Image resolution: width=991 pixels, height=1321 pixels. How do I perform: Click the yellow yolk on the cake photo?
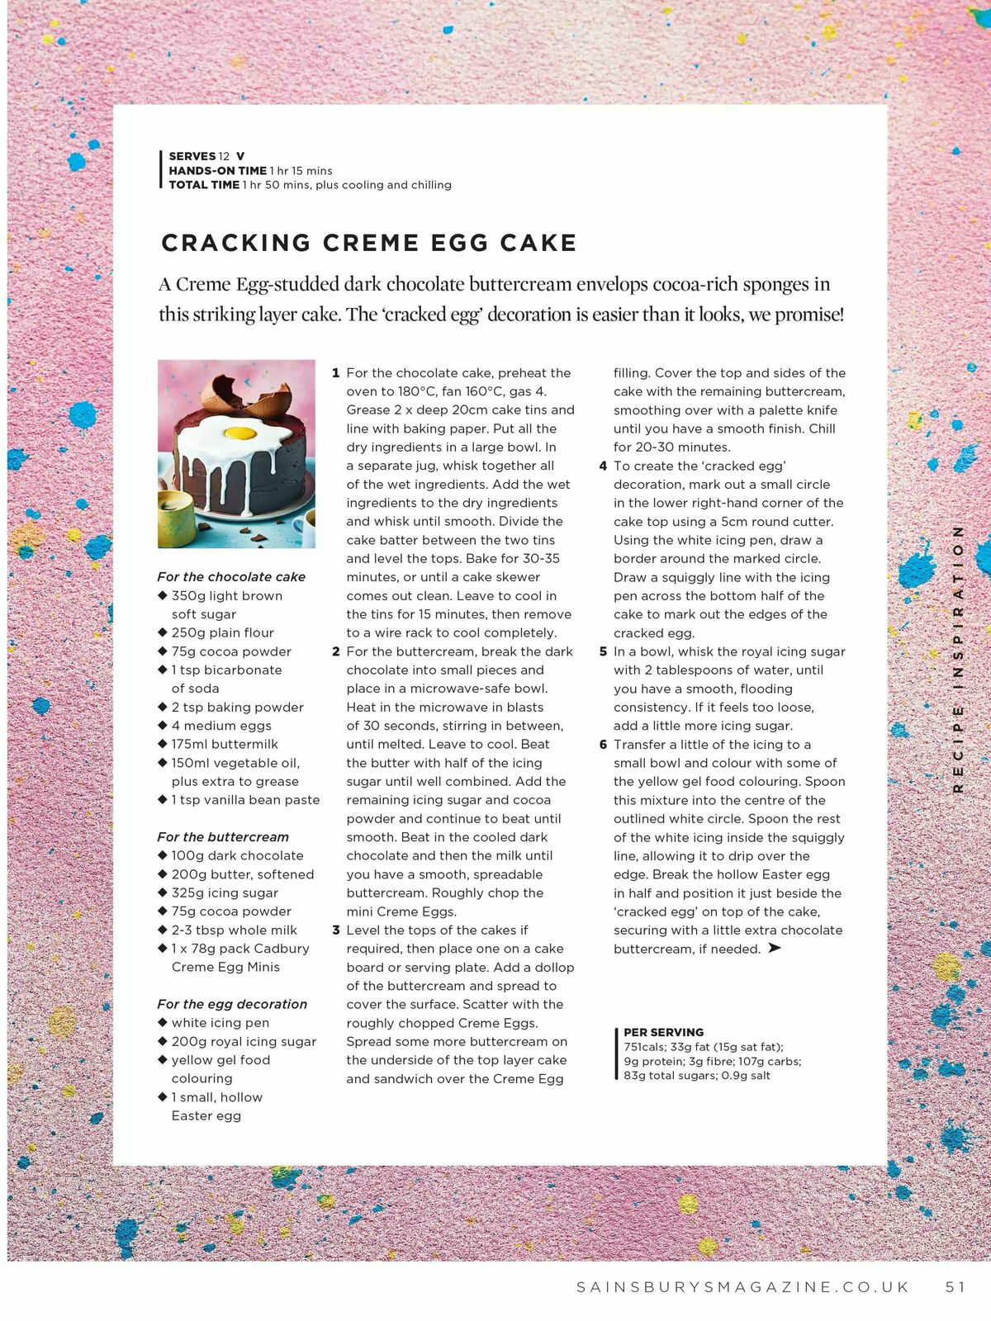coord(239,433)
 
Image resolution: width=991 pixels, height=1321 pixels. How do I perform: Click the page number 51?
coord(955,1286)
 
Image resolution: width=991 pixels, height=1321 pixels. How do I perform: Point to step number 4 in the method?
coord(603,466)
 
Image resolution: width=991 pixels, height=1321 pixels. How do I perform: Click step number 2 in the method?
coord(336,651)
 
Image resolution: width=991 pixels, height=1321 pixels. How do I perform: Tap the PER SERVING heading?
coord(663,1032)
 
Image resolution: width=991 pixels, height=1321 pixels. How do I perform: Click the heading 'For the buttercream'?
coord(223,837)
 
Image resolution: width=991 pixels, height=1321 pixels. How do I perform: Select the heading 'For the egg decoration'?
coord(232,1004)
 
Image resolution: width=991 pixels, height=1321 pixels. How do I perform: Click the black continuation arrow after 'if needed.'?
coord(774,948)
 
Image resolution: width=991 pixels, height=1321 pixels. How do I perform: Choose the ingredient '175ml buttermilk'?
coord(225,744)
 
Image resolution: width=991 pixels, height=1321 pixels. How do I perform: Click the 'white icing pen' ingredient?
coord(220,1023)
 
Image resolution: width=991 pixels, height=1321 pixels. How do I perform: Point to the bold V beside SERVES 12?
coord(240,156)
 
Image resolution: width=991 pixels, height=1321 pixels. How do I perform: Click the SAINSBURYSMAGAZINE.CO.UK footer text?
coord(742,1286)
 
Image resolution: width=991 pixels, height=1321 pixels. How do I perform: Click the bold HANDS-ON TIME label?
coord(218,171)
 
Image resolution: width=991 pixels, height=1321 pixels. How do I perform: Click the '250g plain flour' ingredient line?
coord(222,632)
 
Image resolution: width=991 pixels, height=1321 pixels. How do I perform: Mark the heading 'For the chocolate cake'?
coord(231,577)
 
